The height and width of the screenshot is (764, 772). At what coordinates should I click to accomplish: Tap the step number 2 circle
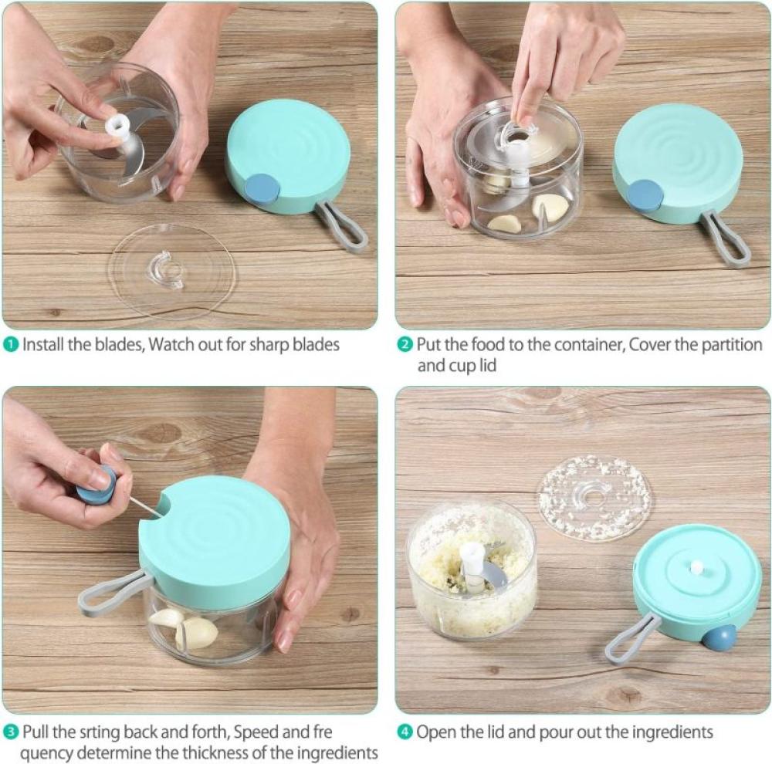(405, 345)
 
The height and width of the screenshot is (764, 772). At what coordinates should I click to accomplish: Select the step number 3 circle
(11, 732)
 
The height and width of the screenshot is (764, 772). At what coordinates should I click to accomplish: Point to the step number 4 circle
(405, 732)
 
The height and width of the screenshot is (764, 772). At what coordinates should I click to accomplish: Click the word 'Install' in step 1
(44, 345)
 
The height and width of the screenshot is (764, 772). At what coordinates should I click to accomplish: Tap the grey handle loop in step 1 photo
(341, 225)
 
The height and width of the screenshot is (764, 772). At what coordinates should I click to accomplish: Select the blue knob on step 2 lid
(645, 196)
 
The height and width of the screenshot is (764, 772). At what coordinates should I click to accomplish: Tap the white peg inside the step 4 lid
(696, 567)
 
